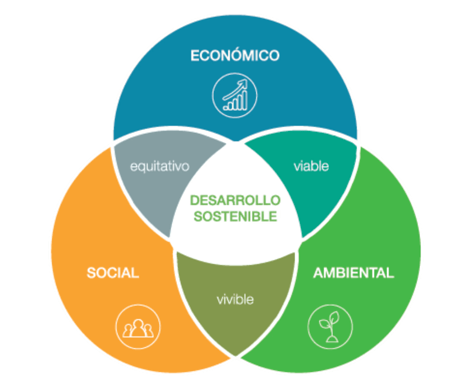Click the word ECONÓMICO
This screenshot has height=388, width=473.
235,56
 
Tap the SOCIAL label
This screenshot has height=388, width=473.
113,273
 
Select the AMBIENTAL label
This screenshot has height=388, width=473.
353,273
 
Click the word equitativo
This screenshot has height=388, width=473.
159,166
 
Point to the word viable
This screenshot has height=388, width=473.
311,166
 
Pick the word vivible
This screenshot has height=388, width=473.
235,300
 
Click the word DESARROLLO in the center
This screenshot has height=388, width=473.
235,200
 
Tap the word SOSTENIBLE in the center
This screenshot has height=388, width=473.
235,216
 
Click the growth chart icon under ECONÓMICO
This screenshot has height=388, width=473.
235,95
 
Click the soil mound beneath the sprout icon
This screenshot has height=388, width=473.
330,338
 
